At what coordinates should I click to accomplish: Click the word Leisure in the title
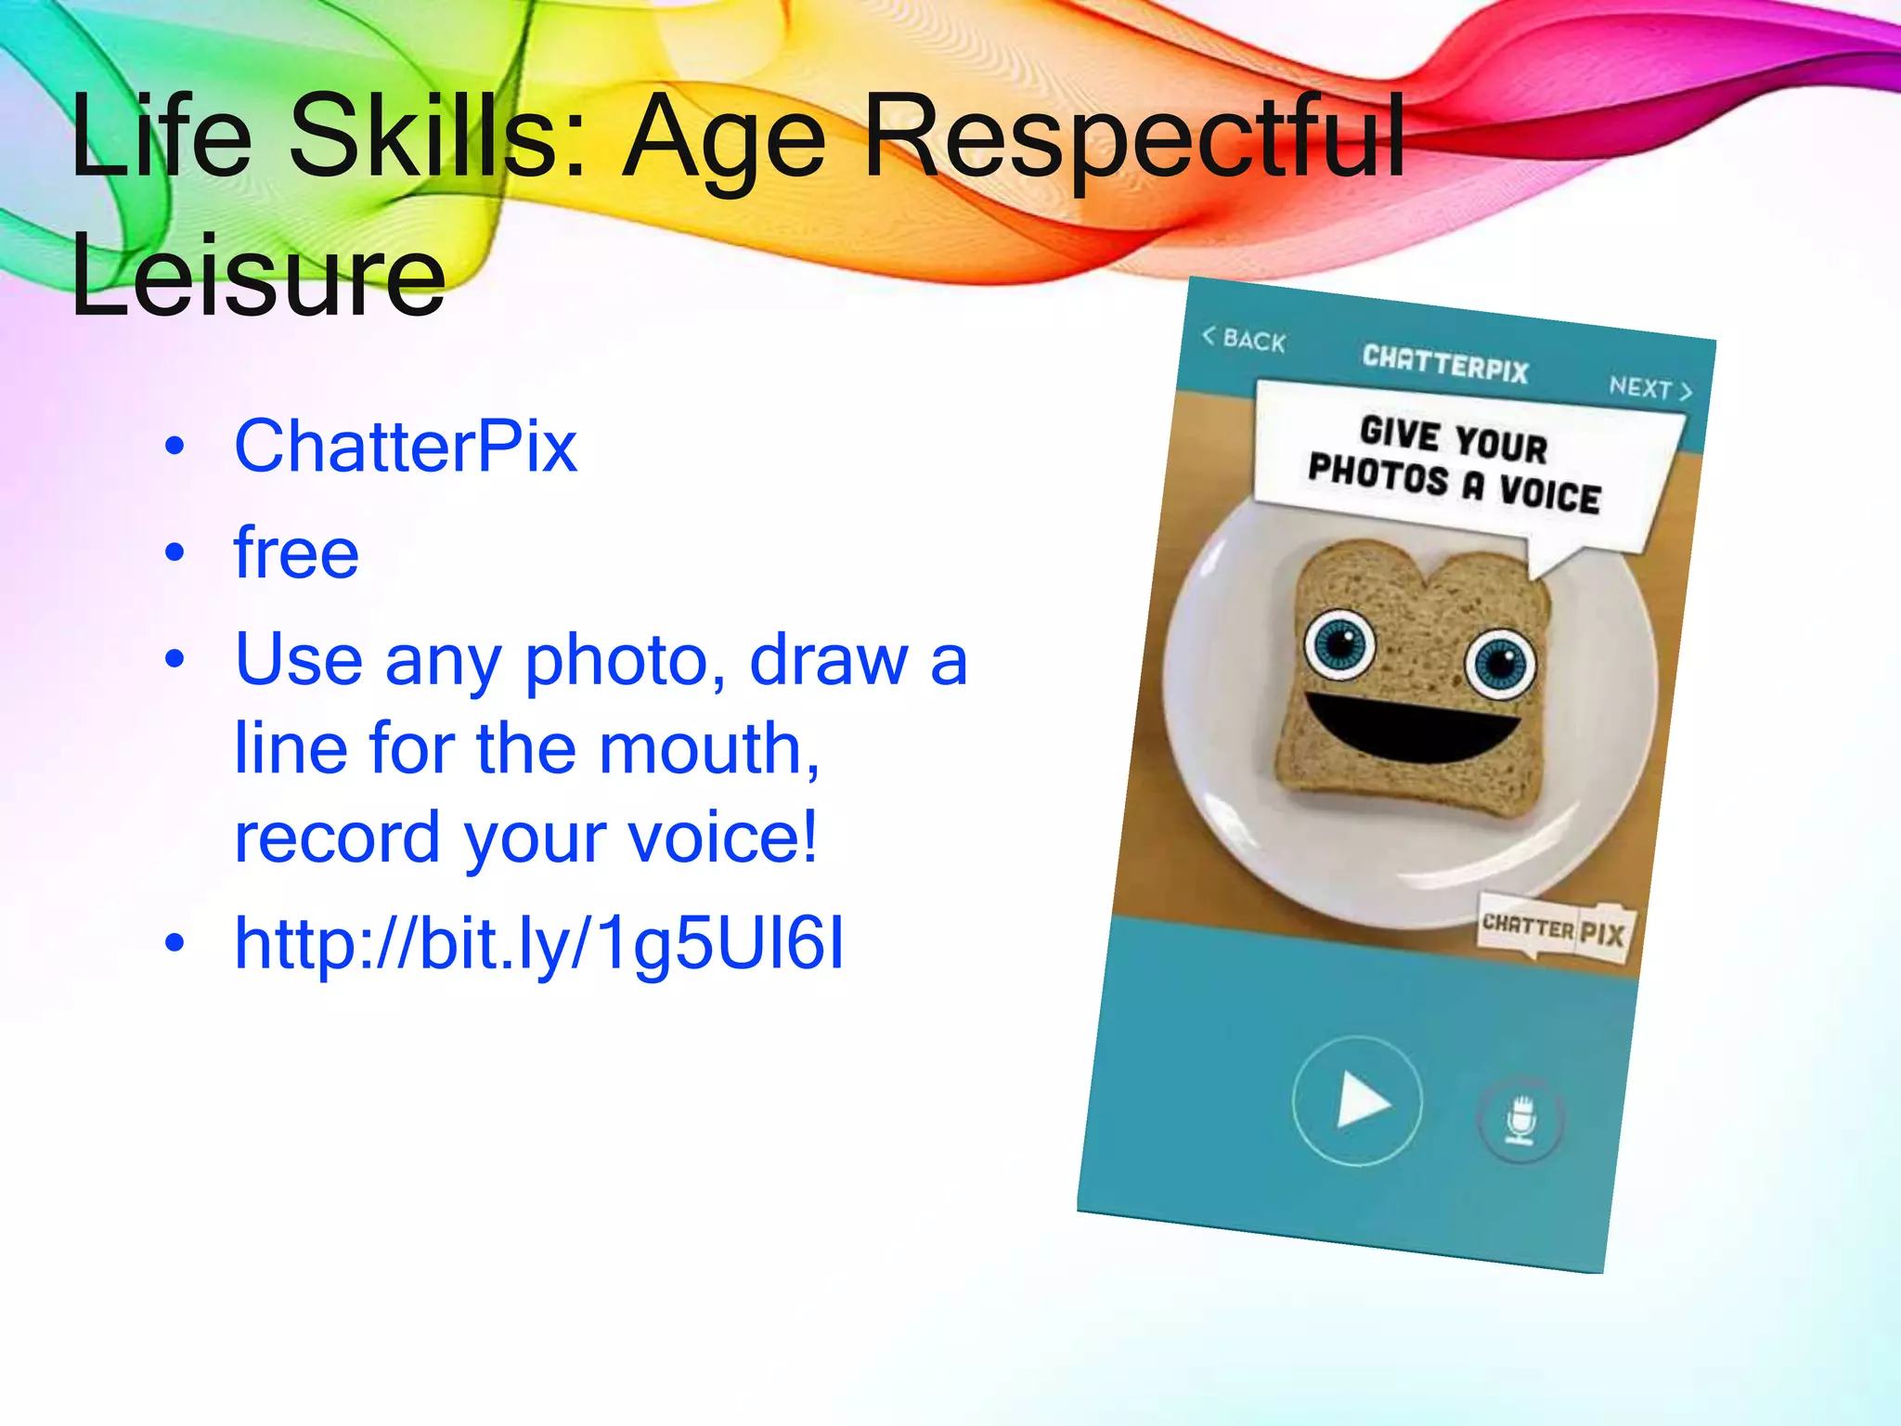[258, 276]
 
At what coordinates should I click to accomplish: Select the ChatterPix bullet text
[406, 447]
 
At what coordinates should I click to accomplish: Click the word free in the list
[296, 553]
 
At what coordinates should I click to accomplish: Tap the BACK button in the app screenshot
[1245, 340]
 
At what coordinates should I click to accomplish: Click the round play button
[1358, 1101]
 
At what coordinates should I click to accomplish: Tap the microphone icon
[1520, 1120]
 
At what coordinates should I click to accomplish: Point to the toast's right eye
[1500, 663]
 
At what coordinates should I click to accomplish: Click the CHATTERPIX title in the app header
[1445, 364]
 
